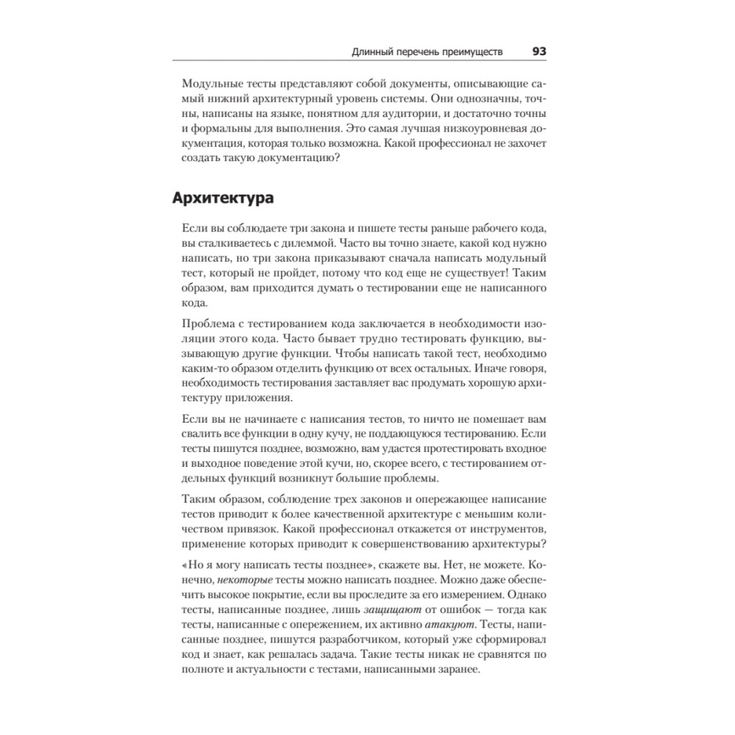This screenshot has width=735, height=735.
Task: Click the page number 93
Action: coord(539,51)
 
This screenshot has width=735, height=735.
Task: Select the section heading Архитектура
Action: coord(223,198)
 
